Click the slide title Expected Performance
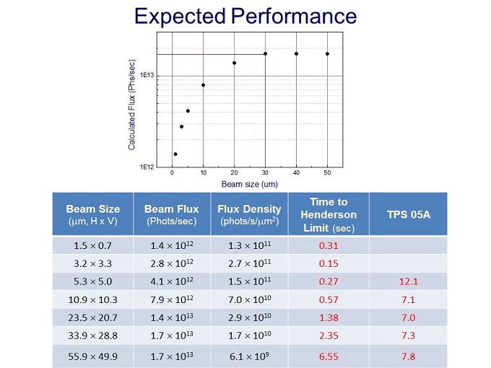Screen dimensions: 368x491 coord(245,16)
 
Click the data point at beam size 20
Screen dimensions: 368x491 coord(235,63)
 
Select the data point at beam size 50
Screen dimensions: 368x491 coord(327,53)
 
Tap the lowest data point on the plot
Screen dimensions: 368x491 coord(175,154)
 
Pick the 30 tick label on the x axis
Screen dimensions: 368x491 coord(265,174)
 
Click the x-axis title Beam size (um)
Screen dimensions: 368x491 coord(249,184)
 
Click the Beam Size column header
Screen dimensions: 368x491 coord(93,214)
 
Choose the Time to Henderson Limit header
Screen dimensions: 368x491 coord(329,214)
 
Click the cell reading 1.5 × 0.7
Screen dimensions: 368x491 coord(93,246)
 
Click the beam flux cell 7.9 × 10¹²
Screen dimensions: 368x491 coord(172,302)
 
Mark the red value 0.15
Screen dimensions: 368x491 coord(329,265)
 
